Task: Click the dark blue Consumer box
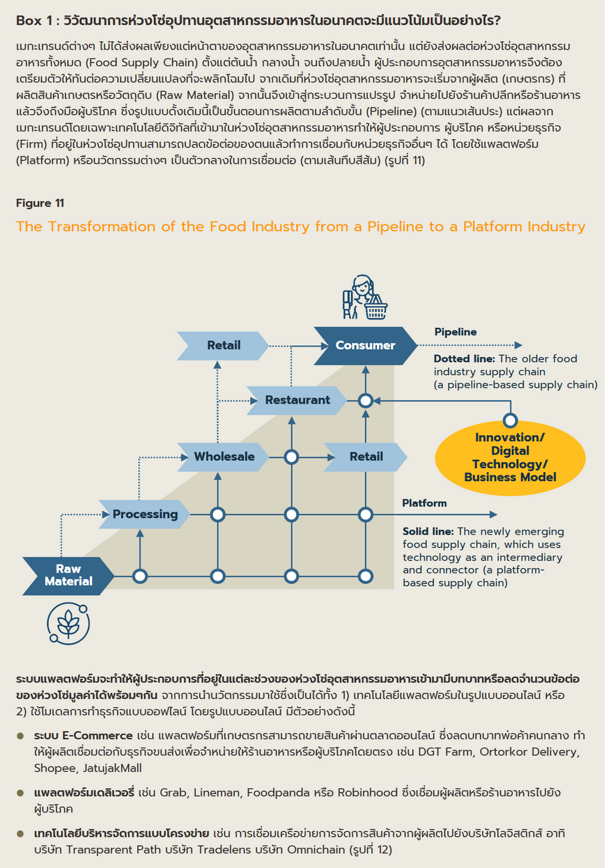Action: pyautogui.click(x=365, y=345)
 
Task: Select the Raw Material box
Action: pyautogui.click(x=68, y=576)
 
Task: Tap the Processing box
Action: pyautogui.click(x=145, y=514)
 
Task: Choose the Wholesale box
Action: pyautogui.click(x=224, y=457)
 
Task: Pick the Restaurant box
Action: pyautogui.click(x=297, y=400)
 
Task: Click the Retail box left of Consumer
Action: pyautogui.click(x=223, y=345)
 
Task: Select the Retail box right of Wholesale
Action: pyautogui.click(x=366, y=457)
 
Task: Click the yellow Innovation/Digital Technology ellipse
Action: pyautogui.click(x=510, y=458)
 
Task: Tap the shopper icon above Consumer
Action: pyautogui.click(x=365, y=297)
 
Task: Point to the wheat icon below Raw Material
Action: pyautogui.click(x=68, y=624)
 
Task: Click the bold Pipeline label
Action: pyautogui.click(x=455, y=332)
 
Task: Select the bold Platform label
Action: pyautogui.click(x=424, y=503)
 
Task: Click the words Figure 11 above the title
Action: pyautogui.click(x=40, y=203)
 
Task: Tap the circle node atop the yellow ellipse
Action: pyautogui.click(x=511, y=420)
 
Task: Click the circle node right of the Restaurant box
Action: pyautogui.click(x=365, y=401)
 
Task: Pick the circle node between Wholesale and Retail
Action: pyautogui.click(x=291, y=457)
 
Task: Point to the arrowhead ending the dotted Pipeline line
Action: pyautogui.click(x=518, y=345)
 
